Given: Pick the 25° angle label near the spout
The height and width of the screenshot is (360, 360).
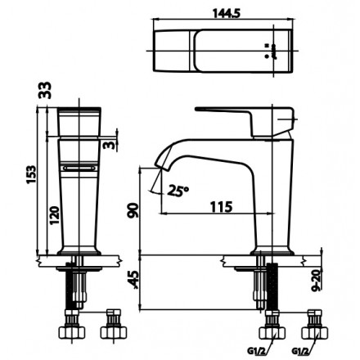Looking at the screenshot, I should click(178, 191).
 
